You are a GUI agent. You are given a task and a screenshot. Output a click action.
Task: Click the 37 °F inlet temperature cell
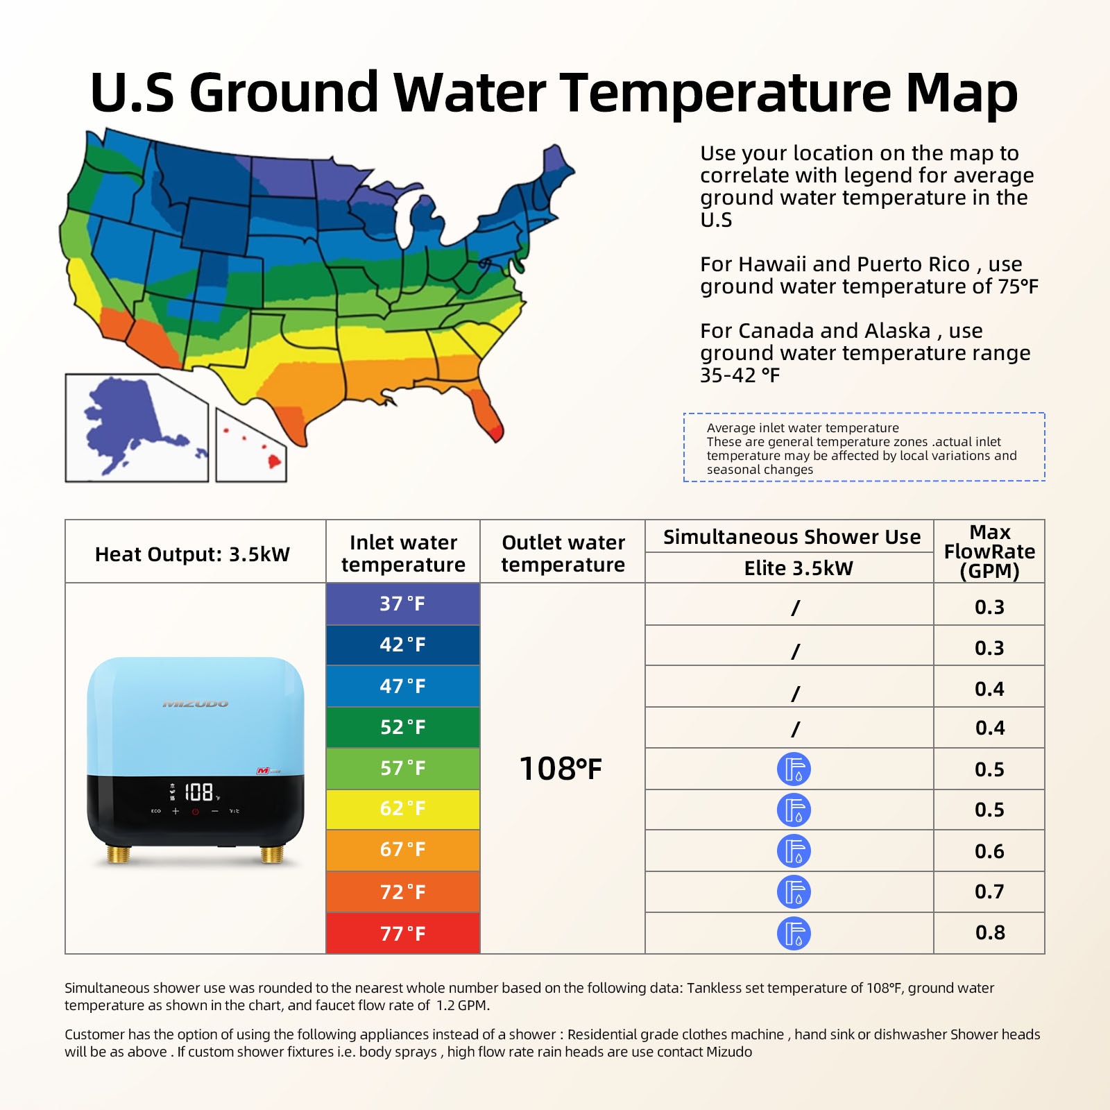(x=402, y=604)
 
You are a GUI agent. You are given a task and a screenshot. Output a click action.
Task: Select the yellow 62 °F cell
(x=402, y=809)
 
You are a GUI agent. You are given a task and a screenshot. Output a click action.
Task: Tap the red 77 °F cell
(x=402, y=933)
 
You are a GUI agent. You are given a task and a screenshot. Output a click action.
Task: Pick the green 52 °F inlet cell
(x=402, y=727)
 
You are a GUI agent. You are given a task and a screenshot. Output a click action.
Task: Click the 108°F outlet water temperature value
(x=561, y=769)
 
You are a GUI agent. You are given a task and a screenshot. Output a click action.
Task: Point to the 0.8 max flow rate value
(x=989, y=933)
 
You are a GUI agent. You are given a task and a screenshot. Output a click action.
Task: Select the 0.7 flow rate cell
(x=989, y=891)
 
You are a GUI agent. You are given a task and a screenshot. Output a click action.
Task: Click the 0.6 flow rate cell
(x=989, y=851)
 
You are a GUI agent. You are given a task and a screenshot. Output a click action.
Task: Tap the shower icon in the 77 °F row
(x=794, y=933)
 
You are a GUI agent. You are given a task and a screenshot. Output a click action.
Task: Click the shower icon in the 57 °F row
(x=794, y=769)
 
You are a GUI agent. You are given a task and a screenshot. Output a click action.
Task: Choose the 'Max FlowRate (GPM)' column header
(x=989, y=552)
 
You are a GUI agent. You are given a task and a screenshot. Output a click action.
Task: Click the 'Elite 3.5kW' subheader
(x=798, y=568)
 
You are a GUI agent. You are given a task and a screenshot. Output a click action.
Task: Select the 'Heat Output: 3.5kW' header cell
(x=192, y=554)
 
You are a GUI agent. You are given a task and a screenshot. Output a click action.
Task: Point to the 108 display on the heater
(x=198, y=792)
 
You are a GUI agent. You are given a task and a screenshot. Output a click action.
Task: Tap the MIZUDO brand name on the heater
(x=195, y=704)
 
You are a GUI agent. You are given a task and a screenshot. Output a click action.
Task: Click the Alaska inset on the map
(x=136, y=428)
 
